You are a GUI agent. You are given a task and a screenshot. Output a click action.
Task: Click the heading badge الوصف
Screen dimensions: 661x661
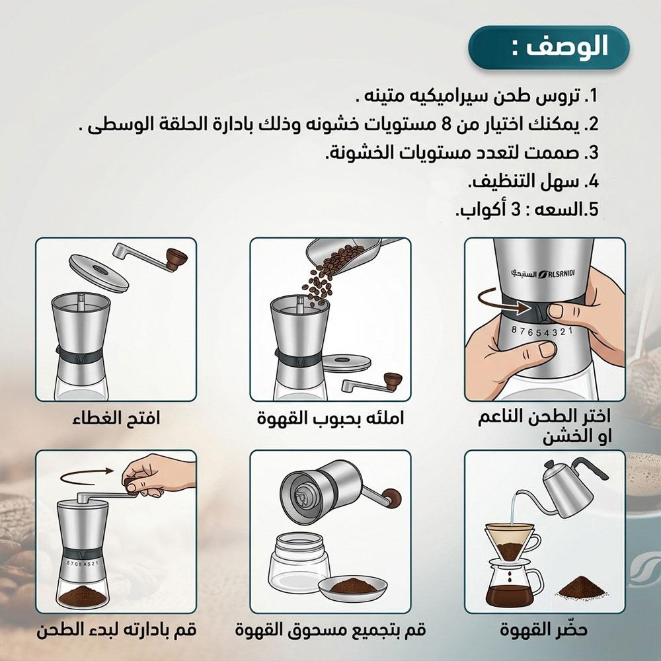pos(548,47)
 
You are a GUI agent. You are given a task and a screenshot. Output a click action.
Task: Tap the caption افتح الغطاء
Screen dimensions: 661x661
pos(116,418)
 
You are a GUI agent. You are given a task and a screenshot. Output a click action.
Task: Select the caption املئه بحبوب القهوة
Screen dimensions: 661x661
pos(330,418)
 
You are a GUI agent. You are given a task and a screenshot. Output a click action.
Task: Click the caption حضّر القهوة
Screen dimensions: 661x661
pos(544,630)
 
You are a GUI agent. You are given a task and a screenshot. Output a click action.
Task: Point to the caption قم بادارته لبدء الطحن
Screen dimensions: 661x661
pos(116,630)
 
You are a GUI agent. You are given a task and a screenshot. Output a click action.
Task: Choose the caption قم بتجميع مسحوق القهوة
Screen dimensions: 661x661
pos(330,630)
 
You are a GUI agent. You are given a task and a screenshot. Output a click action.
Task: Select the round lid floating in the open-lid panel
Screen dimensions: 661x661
pos(98,272)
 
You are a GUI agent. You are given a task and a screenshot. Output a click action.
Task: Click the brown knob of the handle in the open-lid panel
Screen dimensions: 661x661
pos(176,258)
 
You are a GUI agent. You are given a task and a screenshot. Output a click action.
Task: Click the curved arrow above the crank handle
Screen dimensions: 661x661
pos(87,477)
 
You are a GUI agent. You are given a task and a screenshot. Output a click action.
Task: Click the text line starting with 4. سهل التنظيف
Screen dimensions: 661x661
pos(533,181)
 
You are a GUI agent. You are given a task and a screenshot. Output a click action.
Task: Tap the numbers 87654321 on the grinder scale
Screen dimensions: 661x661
pos(542,332)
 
